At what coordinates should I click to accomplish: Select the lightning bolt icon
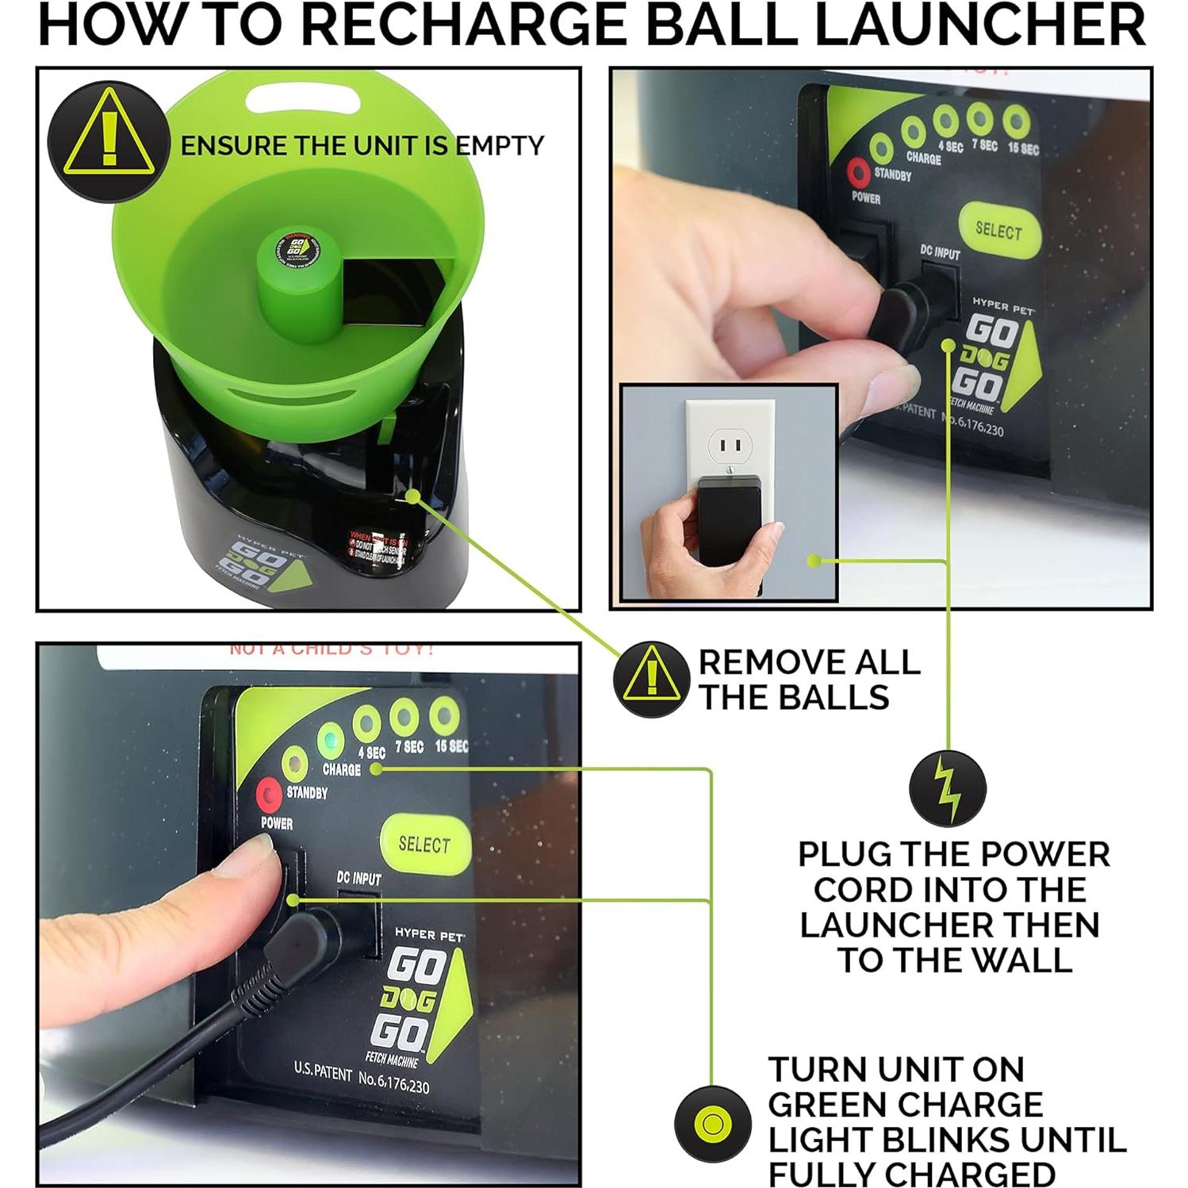947,789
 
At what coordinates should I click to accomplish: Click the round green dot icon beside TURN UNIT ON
712,1124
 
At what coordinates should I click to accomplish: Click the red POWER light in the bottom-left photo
268,793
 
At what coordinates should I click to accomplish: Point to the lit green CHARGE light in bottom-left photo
330,741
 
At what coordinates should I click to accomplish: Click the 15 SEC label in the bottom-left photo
450,746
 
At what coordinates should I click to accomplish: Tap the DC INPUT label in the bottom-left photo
358,878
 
